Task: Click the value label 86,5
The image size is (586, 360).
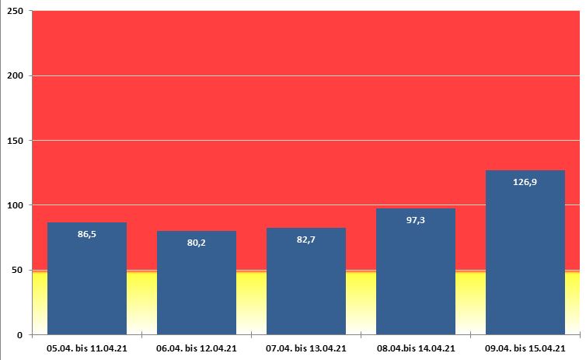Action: [87, 233]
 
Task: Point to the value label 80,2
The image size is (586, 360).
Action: [197, 242]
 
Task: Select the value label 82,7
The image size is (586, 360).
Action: [306, 239]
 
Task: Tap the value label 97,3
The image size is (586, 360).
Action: [416, 220]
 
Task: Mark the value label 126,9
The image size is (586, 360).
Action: [525, 181]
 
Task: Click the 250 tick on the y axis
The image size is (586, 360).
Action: [15, 11]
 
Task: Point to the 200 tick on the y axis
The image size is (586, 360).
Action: [15, 75]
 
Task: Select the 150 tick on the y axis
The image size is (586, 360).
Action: [15, 141]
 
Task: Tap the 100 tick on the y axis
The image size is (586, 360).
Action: [15, 205]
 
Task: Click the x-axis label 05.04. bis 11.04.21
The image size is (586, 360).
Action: [87, 348]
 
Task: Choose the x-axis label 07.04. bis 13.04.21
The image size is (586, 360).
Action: [306, 348]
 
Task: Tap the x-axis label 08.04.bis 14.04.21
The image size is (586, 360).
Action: [416, 348]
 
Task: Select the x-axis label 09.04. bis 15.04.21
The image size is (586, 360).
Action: [525, 348]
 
